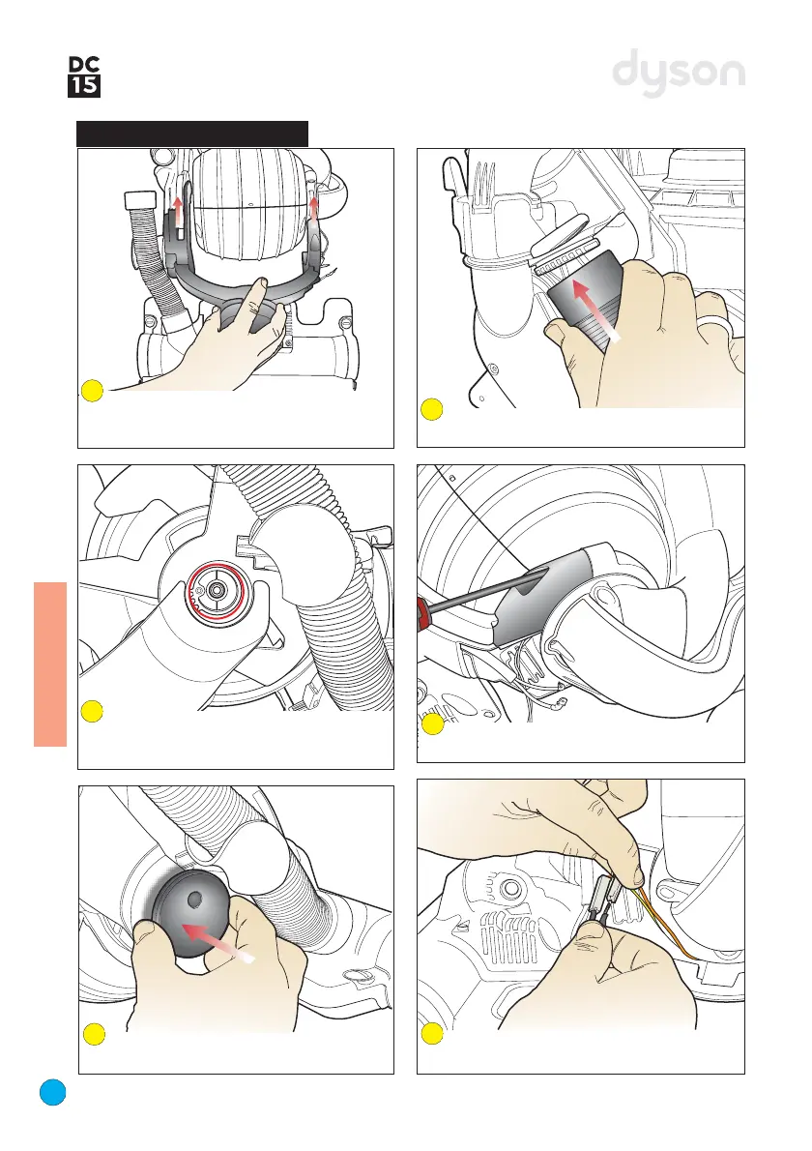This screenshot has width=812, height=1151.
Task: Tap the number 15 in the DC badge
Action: [x=84, y=87]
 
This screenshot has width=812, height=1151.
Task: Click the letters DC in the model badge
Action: [x=84, y=65]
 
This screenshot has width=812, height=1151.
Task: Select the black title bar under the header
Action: [x=192, y=133]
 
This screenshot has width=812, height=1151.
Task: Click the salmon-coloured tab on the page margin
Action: [x=50, y=664]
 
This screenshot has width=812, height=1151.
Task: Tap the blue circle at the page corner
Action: [x=53, y=1092]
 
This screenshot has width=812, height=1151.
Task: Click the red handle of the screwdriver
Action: [x=421, y=607]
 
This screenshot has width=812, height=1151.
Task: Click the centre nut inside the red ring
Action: [x=216, y=589]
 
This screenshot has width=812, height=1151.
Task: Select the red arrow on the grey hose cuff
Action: [x=595, y=310]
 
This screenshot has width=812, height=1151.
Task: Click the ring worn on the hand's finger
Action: [x=715, y=324]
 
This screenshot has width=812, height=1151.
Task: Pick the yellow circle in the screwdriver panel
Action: [x=433, y=724]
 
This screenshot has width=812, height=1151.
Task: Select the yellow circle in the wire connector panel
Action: [x=432, y=1034]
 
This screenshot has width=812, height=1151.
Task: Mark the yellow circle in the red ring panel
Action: [x=92, y=711]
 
